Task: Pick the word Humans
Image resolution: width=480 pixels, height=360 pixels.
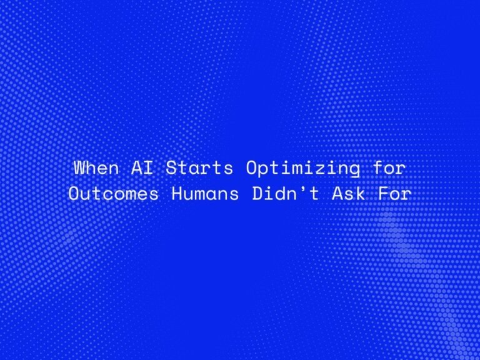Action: point(205,194)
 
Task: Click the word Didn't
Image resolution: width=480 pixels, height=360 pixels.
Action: point(282,194)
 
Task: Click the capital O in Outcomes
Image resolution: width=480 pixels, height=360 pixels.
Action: point(72,194)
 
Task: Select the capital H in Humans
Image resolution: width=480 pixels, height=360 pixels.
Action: point(176,194)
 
